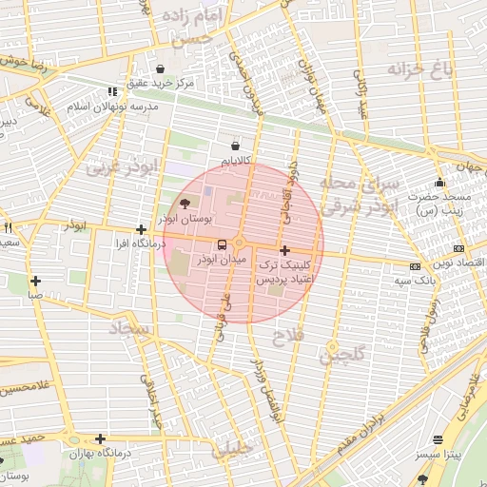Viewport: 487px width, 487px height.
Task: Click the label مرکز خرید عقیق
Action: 159,84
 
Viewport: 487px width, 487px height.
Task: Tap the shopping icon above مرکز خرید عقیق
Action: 159,69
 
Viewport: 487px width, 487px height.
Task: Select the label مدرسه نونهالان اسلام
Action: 113,106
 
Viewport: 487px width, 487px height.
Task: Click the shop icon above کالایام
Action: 235,146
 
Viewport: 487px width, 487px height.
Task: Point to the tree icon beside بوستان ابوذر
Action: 184,203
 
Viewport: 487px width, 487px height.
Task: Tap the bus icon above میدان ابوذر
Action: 222,243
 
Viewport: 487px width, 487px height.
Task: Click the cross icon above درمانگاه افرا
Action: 141,229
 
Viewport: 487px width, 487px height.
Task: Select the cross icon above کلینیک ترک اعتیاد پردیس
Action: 284,250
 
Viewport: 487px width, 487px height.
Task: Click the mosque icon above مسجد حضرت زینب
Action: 438,183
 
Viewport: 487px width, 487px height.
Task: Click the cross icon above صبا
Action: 35,281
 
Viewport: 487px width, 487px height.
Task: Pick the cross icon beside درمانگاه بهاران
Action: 100,438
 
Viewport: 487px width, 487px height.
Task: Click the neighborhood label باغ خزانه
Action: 416,69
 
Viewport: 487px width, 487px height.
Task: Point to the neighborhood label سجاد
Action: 126,328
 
